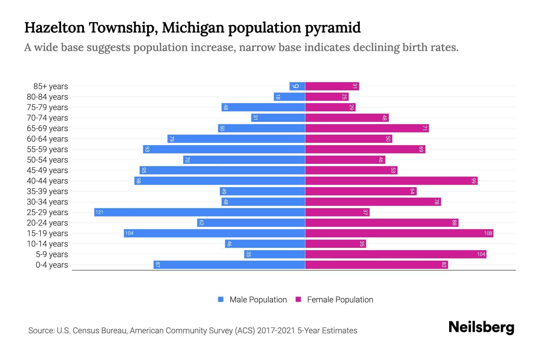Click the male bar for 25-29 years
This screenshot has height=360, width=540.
(x=199, y=212)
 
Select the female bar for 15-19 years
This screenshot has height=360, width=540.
(x=399, y=233)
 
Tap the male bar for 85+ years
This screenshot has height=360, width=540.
(x=297, y=86)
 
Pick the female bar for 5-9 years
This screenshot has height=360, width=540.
(x=395, y=254)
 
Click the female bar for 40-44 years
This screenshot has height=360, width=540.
(x=391, y=181)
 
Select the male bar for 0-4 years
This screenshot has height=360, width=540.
(x=229, y=265)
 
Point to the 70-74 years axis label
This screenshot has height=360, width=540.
(x=47, y=118)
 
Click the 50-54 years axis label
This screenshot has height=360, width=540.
(x=47, y=160)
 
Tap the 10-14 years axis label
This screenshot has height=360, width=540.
(x=47, y=244)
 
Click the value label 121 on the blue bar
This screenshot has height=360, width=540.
(x=99, y=212)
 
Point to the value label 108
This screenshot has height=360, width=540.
(x=488, y=233)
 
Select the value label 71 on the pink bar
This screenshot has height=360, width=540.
(x=424, y=128)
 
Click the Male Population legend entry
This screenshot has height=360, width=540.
(x=258, y=300)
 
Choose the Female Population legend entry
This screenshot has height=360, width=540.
(x=340, y=300)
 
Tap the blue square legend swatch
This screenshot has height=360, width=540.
(x=221, y=299)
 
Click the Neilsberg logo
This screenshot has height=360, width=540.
(x=481, y=327)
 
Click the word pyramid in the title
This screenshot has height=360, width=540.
(x=333, y=28)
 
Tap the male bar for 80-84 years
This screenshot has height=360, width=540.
(x=289, y=97)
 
